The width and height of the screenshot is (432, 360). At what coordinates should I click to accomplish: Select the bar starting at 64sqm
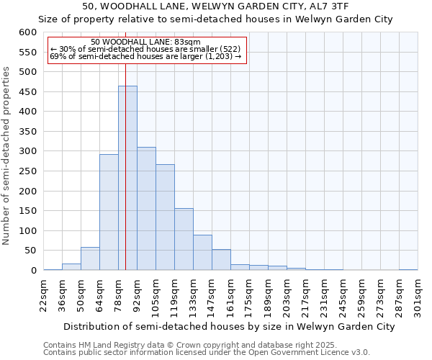click(109, 212)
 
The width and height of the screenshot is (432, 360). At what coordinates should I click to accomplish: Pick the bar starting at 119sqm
click(184, 239)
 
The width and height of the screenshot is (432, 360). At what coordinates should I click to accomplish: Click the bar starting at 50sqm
click(90, 258)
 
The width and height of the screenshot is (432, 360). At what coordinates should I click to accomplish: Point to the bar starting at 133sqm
click(202, 253)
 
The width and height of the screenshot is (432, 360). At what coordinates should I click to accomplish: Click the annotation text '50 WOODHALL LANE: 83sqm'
click(146, 42)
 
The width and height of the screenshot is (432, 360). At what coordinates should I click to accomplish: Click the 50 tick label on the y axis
click(30, 251)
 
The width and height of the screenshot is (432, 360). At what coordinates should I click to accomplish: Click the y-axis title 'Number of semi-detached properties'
click(7, 156)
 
